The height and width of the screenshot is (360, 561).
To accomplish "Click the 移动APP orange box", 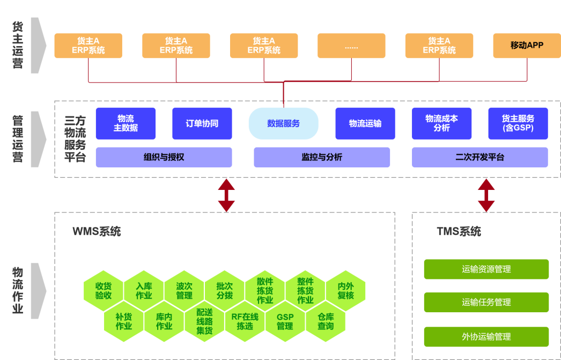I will [527, 46].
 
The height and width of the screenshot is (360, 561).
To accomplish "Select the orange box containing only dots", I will [351, 46].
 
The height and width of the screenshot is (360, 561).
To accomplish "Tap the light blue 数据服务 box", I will [283, 123].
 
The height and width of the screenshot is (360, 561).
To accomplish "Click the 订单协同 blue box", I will [202, 123].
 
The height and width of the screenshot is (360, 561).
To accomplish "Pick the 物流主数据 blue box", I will [126, 123].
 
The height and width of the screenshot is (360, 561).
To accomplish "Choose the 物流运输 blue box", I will [365, 123].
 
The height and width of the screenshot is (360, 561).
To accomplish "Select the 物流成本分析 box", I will [441, 123].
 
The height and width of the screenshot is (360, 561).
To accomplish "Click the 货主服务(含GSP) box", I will [518, 123].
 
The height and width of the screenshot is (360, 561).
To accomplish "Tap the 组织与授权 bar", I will [164, 157].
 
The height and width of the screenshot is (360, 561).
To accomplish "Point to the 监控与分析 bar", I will [322, 157].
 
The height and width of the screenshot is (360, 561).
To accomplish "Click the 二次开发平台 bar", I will [479, 157].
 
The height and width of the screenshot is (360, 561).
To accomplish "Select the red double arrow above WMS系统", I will [226, 195].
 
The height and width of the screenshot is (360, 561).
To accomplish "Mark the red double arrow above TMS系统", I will [486, 195].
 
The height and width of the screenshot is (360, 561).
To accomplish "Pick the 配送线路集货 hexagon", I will [204, 321].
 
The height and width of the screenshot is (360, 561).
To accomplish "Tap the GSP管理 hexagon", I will [285, 321].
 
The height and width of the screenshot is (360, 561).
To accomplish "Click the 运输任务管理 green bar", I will [486, 303].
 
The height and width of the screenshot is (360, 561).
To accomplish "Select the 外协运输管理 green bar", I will [486, 337].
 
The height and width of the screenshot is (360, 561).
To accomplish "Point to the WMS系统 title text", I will [97, 232].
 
